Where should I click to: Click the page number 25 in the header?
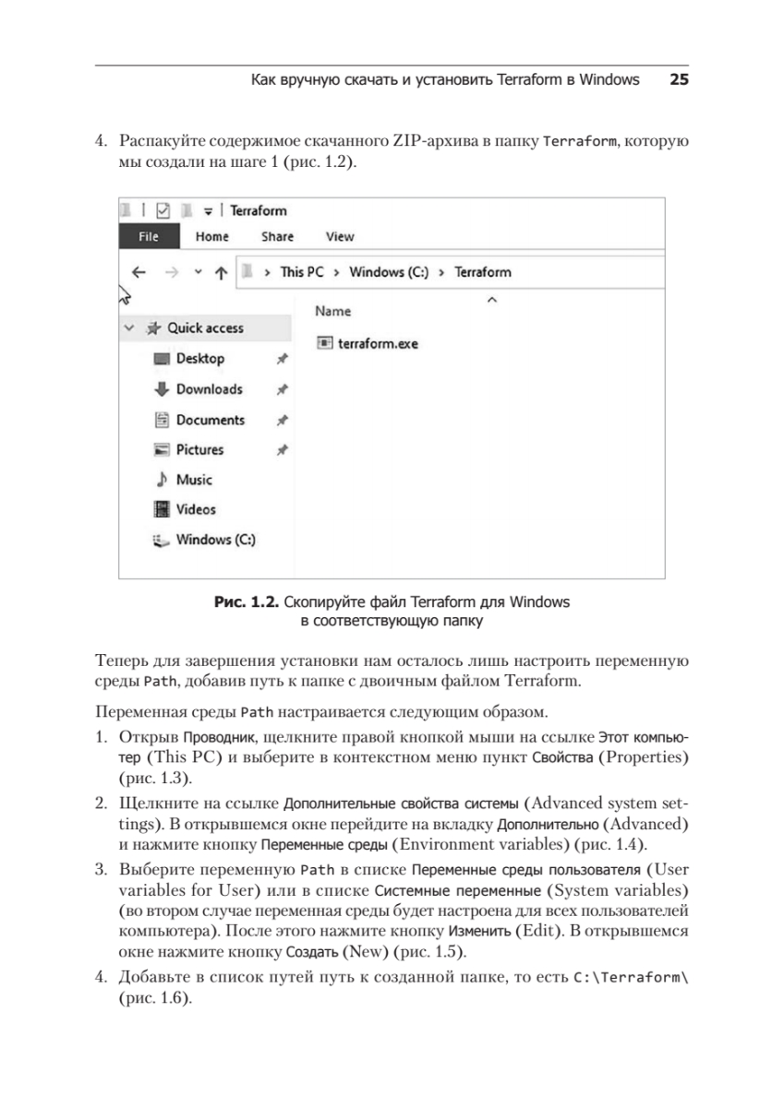pos(679,80)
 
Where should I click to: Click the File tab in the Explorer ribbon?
pos(148,237)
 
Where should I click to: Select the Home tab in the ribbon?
pos(211,237)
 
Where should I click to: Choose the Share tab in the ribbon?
pos(277,237)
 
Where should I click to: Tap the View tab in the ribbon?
pos(340,237)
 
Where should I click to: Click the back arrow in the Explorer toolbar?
pos(139,272)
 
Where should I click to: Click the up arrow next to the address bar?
pos(221,272)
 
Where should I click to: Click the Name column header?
pos(333,312)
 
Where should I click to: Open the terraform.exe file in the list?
pos(378,343)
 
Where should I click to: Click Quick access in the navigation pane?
pos(205,327)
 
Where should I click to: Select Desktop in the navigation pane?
pos(199,359)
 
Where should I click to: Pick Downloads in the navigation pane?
pos(209,389)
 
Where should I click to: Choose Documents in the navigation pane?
pos(210,420)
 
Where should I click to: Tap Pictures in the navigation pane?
pos(199,450)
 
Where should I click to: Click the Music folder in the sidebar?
pos(194,480)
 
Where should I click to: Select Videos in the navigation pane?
pos(196,509)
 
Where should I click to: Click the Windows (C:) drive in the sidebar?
pos(215,540)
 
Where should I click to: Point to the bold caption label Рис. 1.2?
pos(247,603)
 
